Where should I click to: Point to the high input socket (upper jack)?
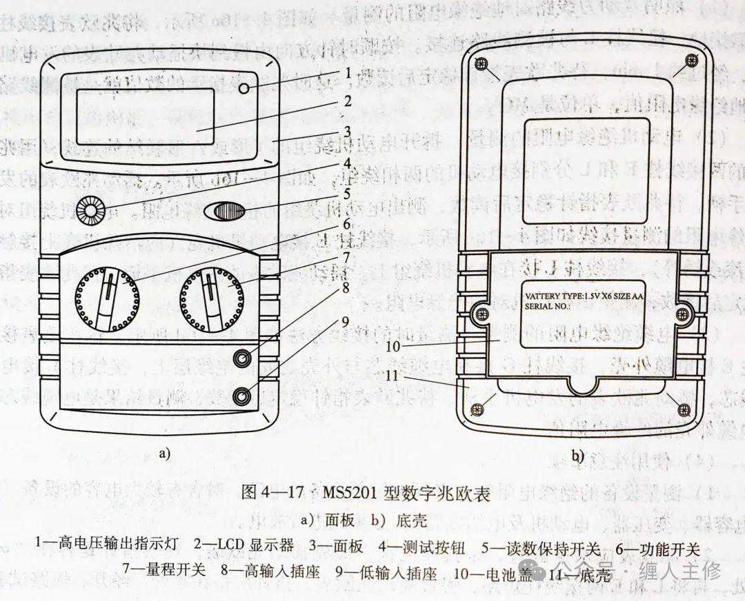tap(241, 358)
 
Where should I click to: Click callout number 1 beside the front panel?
tap(349, 72)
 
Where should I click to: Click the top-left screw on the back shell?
tap(484, 65)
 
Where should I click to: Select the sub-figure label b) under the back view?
tap(577, 456)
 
